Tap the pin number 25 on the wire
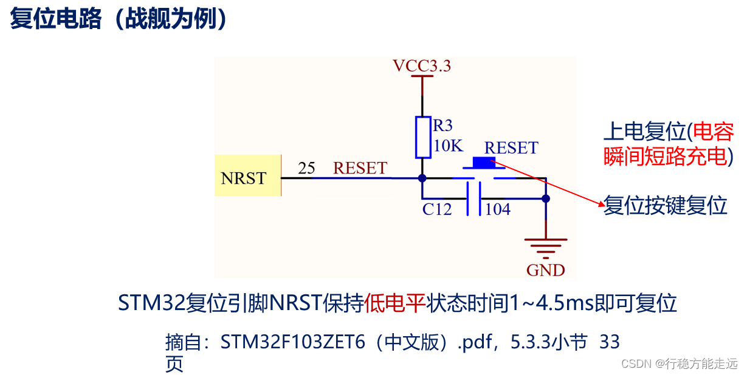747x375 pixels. (x=306, y=168)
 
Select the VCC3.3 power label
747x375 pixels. (x=422, y=66)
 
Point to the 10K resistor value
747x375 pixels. (x=448, y=146)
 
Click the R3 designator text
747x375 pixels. (x=442, y=126)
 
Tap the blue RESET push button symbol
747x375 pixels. (x=484, y=163)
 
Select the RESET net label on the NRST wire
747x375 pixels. (x=360, y=168)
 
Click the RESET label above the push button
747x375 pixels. (x=511, y=147)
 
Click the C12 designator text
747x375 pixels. (x=438, y=209)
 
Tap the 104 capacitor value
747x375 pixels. (x=498, y=209)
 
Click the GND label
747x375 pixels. (x=545, y=269)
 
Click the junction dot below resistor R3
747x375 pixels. (x=422, y=178)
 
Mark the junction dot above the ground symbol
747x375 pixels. (x=545, y=198)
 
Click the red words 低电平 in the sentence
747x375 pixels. (x=395, y=302)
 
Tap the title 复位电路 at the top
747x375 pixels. (x=57, y=19)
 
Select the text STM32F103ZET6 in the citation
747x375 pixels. (x=292, y=342)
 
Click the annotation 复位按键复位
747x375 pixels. (x=665, y=206)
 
